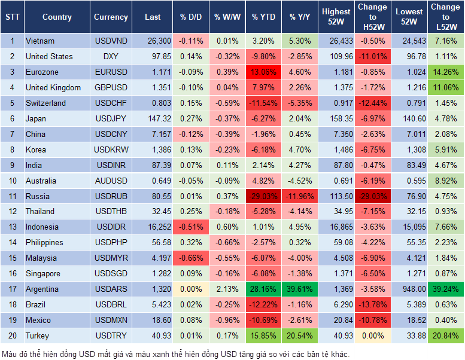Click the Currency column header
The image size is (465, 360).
tap(111, 17)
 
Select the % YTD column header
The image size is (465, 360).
tap(264, 17)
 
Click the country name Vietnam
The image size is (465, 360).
tap(40, 41)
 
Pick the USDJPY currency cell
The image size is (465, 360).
tap(111, 118)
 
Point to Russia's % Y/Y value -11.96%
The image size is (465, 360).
tap(300, 196)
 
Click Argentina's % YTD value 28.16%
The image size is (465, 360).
tap(264, 289)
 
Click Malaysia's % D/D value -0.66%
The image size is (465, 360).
tap(190, 258)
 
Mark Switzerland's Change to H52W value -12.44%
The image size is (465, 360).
tap(372, 103)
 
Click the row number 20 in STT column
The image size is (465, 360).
tap(11, 336)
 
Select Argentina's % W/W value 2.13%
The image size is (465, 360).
tap(227, 289)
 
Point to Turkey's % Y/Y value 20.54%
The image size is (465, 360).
tap(300, 336)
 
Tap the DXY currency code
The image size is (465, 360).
tap(111, 56)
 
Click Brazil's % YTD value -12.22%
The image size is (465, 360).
tap(264, 305)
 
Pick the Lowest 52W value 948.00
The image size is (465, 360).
tap(410, 289)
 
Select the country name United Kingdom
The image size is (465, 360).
tap(53, 87)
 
